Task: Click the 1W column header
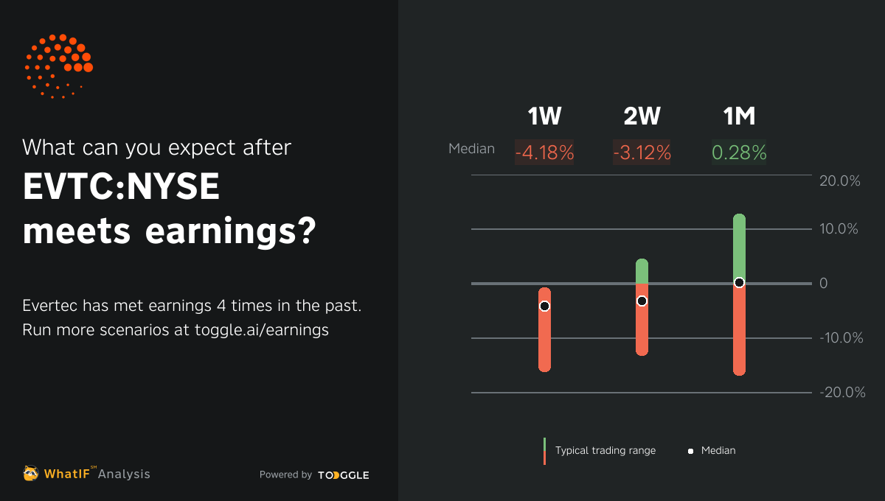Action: [x=544, y=116]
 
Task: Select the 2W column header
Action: [x=642, y=116]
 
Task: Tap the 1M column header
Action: [x=739, y=116]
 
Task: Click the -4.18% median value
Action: [x=544, y=153]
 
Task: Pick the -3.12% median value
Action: [x=642, y=153]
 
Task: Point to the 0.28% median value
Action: [x=739, y=153]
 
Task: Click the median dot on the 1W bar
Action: [x=544, y=306]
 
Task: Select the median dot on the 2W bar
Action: [x=642, y=301]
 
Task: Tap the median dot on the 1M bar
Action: [x=739, y=283]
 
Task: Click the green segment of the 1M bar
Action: [x=739, y=247]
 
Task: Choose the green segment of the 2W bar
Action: [x=642, y=271]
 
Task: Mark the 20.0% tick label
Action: [x=840, y=181]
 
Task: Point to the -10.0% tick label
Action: [x=840, y=338]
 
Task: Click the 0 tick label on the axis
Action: [x=824, y=284]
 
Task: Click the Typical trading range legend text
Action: [x=605, y=450]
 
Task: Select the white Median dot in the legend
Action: [x=691, y=451]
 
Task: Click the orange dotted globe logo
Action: [x=58, y=66]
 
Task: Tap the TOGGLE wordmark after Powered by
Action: [x=344, y=475]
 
